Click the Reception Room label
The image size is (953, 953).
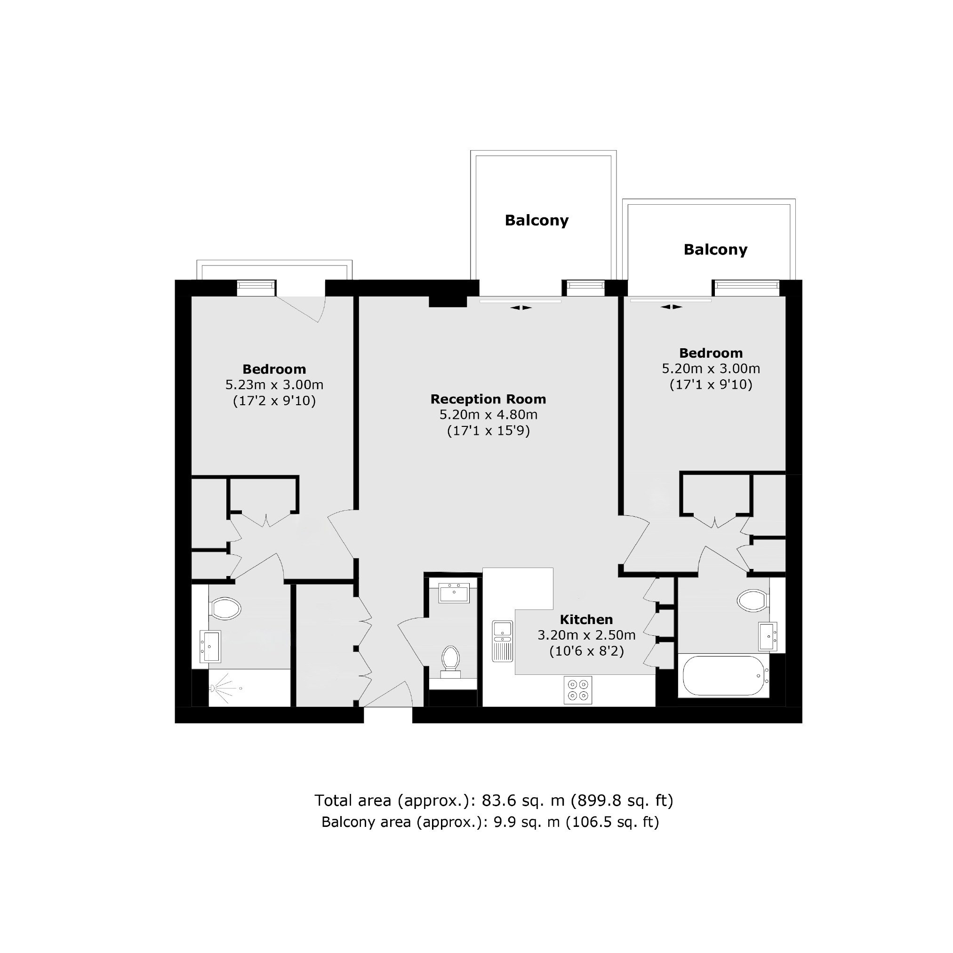point(488,399)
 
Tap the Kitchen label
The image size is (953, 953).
point(586,619)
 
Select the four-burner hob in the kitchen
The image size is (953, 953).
point(578,689)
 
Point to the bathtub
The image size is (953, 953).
point(724,675)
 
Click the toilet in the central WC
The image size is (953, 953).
point(451,662)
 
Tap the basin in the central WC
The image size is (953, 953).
point(454,593)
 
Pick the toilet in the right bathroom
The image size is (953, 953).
point(753,601)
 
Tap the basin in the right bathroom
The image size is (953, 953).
point(768,636)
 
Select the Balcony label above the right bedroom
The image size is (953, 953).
point(715,249)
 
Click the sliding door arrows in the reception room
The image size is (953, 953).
point(521,308)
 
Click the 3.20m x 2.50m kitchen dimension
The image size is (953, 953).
point(586,635)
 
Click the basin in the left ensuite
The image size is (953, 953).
point(210,646)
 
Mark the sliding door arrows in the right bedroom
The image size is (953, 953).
point(672,307)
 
